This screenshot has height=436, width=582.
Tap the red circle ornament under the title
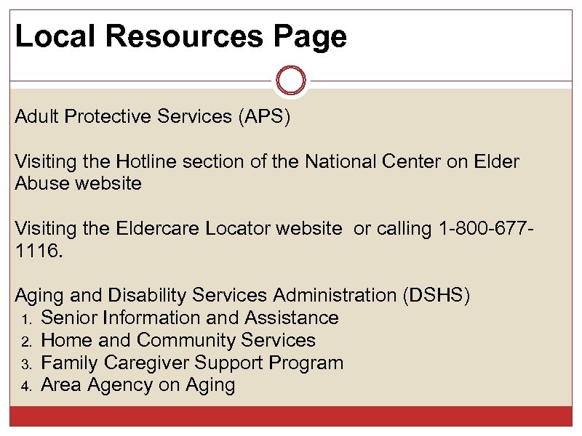(291, 80)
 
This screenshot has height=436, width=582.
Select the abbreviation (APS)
(263, 118)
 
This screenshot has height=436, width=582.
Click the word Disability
(148, 295)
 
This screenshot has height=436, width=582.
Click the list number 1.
(25, 319)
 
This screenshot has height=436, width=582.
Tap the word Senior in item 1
(70, 318)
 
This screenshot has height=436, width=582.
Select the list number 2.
(25, 342)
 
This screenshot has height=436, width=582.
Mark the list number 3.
(25, 364)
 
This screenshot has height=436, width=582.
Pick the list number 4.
(25, 387)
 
